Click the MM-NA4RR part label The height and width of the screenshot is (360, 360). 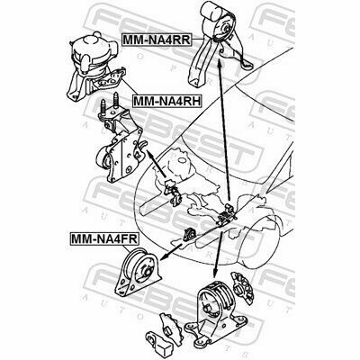157,40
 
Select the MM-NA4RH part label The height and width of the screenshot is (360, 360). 166,101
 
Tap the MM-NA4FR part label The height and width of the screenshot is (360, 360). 103,238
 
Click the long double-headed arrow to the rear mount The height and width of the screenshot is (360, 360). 224,130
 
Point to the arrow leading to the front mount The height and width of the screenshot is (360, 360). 170,252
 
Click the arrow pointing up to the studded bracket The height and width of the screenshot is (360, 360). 156,164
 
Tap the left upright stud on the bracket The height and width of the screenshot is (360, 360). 103,107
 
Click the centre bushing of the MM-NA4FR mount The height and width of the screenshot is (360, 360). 148,272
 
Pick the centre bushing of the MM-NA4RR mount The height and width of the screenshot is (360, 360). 228,30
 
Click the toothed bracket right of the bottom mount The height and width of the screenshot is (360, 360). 242,285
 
